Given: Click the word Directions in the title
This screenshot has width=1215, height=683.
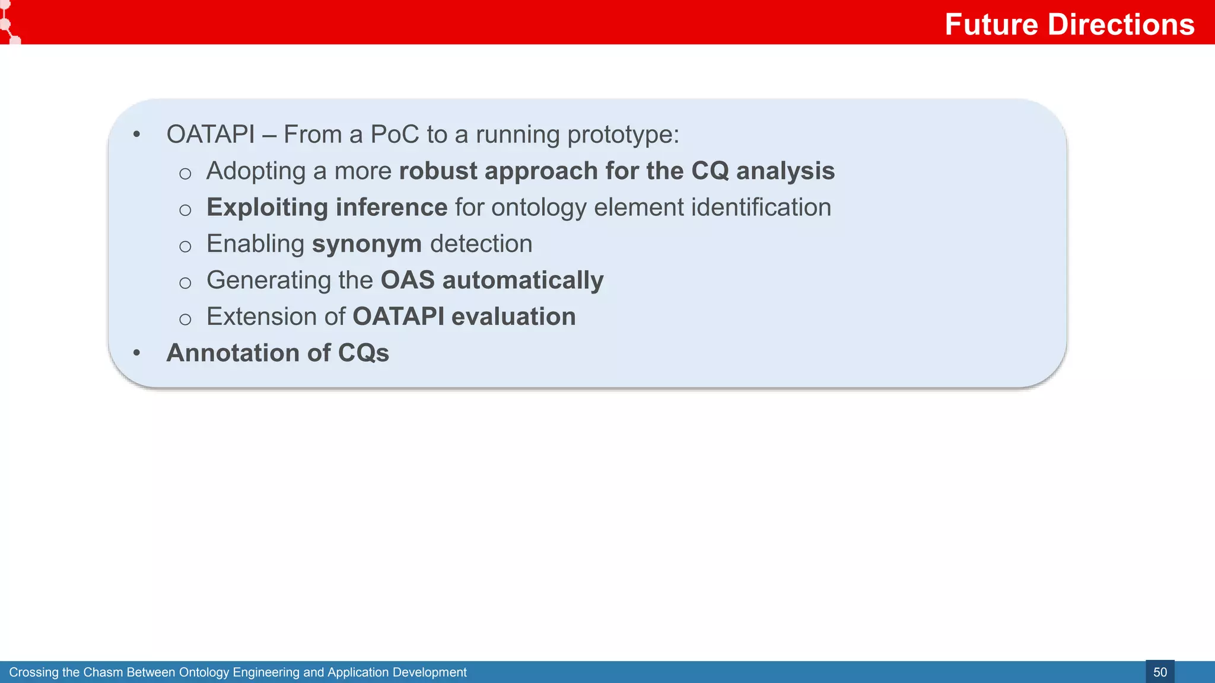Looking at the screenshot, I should tap(1121, 25).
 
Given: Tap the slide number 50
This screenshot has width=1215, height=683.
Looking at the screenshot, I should tap(1160, 672).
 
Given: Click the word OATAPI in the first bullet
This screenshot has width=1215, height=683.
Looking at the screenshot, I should tap(211, 135).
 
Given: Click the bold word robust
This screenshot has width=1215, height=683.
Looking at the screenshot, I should tap(438, 171).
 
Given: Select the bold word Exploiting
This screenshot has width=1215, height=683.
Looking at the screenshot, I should tap(267, 208).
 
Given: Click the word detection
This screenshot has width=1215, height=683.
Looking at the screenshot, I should tap(481, 244).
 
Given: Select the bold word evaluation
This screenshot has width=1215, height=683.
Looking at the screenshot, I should tap(513, 317).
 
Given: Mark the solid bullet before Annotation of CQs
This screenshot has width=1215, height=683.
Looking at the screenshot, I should tap(137, 353).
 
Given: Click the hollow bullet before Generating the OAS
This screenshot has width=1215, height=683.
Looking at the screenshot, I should tap(185, 283).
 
